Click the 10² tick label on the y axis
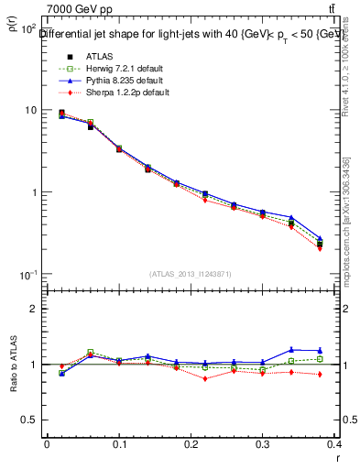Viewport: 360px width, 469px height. tap(27, 29)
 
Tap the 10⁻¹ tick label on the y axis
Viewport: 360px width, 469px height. tap(27, 275)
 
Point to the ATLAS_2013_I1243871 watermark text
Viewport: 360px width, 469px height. tap(191, 274)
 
